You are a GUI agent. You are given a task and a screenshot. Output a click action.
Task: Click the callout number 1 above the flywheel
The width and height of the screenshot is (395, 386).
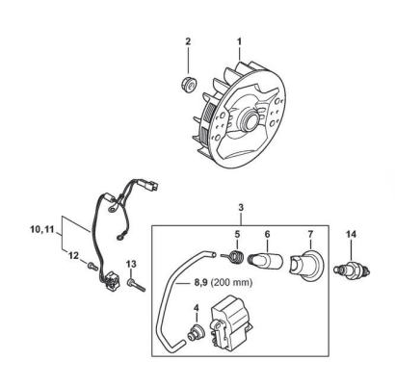tap(239, 41)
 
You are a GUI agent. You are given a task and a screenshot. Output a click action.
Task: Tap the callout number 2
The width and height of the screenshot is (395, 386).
tap(188, 41)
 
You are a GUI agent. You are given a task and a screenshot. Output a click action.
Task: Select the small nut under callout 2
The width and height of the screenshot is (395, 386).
tap(188, 86)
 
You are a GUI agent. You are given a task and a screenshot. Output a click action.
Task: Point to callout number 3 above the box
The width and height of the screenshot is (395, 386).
tap(241, 208)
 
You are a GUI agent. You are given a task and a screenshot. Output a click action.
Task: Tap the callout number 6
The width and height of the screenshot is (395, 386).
tap(267, 235)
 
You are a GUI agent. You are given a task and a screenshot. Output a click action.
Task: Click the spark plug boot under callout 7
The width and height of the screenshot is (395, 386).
tap(306, 266)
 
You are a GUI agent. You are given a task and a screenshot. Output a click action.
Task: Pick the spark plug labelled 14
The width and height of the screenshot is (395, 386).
tap(352, 270)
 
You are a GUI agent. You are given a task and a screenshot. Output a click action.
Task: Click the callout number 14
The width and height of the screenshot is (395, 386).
tap(352, 235)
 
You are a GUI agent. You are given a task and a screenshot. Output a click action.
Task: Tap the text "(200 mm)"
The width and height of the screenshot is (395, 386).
tap(233, 283)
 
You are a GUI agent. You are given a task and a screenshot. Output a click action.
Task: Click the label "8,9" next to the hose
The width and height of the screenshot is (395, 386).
tap(202, 283)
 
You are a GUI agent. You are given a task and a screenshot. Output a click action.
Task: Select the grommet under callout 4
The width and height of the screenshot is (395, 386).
tap(196, 331)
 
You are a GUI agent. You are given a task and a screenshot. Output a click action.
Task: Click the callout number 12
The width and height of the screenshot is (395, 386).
tap(73, 256)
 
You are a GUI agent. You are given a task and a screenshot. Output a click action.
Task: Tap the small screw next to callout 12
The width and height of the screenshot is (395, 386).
tap(92, 267)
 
